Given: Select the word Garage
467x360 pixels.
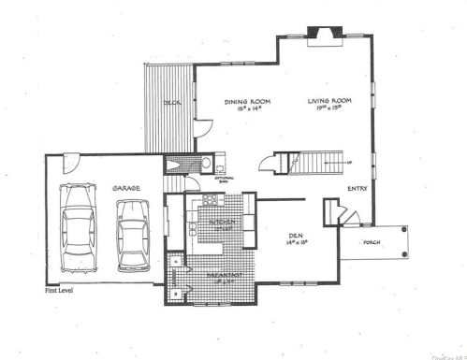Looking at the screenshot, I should [127, 188].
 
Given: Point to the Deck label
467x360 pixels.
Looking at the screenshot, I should [171, 102].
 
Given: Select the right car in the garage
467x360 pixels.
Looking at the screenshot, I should [134, 239].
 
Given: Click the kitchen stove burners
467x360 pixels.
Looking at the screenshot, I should [208, 203].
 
